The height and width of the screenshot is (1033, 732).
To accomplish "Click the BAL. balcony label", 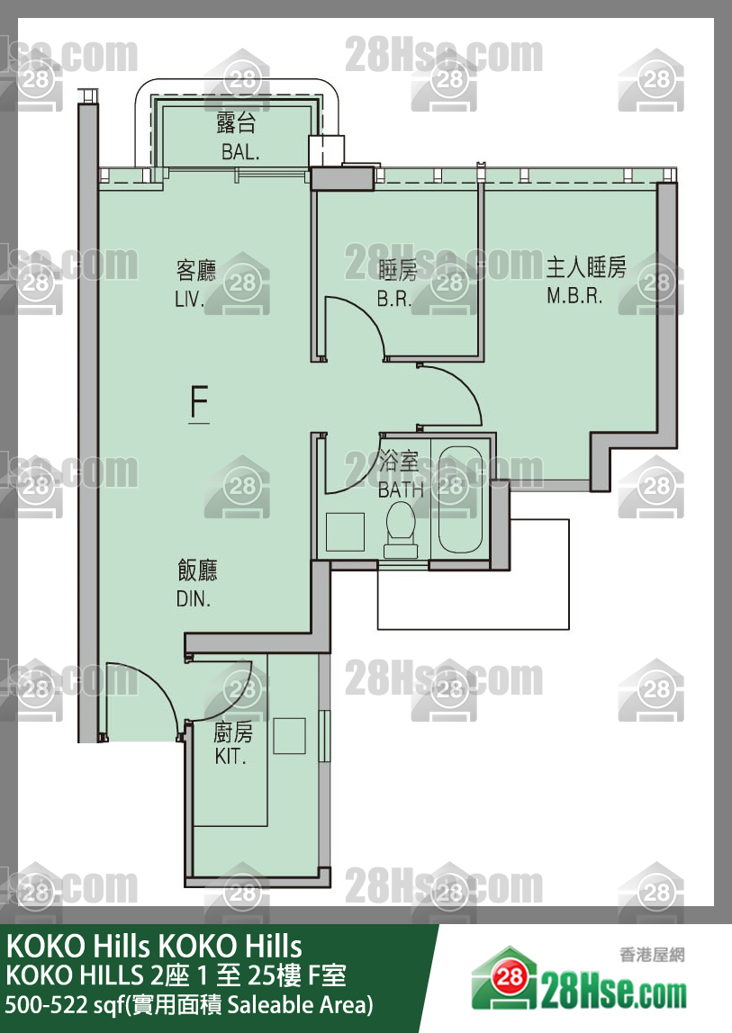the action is [x=240, y=152].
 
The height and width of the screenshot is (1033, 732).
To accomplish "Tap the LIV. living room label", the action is [x=189, y=299].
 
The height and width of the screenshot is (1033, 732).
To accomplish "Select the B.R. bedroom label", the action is [x=394, y=299].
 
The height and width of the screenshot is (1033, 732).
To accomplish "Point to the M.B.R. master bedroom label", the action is [x=574, y=296].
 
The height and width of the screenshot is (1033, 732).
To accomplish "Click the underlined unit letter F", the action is [x=199, y=403].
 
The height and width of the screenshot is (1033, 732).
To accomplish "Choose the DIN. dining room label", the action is [x=194, y=599].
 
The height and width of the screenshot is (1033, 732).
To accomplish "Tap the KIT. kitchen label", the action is [x=230, y=756].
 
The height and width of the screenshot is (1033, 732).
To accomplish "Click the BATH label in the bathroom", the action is [x=401, y=490].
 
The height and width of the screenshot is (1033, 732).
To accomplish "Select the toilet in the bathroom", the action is [x=401, y=530].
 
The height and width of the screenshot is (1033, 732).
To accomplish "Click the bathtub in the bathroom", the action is [x=461, y=499].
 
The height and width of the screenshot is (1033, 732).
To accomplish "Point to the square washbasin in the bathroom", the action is [x=345, y=532].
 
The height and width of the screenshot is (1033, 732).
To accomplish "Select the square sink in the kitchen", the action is [x=290, y=736].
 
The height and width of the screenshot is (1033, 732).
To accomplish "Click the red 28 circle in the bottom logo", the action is [x=510, y=977].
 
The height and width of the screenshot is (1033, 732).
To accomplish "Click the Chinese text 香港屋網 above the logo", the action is [x=652, y=954].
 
